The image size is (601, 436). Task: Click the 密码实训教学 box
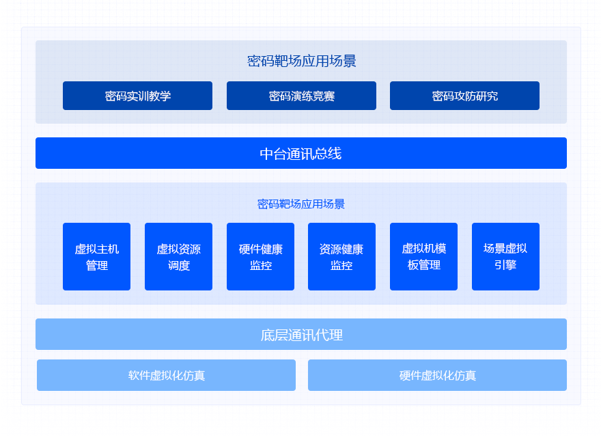click(x=137, y=96)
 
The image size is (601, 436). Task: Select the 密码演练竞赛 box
click(x=301, y=96)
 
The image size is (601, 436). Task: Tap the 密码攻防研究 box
click(x=464, y=96)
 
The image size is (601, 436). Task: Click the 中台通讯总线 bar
click(x=300, y=153)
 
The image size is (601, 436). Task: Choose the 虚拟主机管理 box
click(x=96, y=257)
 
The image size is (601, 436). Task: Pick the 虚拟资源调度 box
click(x=178, y=257)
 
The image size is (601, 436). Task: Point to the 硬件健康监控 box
click(x=260, y=257)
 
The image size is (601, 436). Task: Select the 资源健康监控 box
click(x=341, y=257)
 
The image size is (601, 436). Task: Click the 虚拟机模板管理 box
click(x=423, y=257)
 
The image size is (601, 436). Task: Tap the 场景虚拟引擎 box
click(x=505, y=257)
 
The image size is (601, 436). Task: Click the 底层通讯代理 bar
click(x=300, y=334)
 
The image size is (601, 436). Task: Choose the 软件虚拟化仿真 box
click(x=166, y=375)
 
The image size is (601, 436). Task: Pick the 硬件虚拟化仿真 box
click(x=437, y=375)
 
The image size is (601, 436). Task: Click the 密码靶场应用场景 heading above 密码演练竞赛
click(x=301, y=62)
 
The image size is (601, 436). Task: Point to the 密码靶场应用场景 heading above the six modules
click(x=301, y=204)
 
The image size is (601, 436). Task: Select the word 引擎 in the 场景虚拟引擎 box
click(x=505, y=265)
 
